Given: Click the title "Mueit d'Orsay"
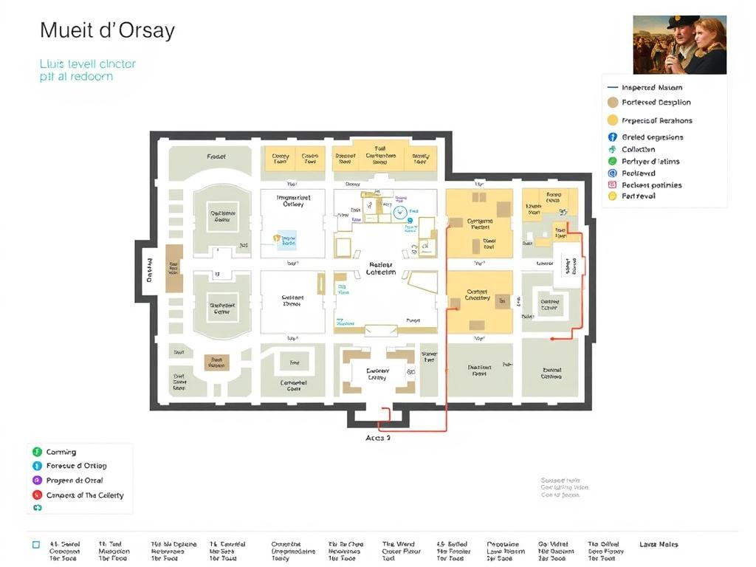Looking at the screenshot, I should pyautogui.click(x=107, y=31).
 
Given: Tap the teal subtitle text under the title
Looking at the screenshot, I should pyautogui.click(x=87, y=70).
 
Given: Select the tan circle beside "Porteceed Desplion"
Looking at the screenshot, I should pyautogui.click(x=612, y=103).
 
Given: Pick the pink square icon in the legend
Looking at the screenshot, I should pyautogui.click(x=612, y=185).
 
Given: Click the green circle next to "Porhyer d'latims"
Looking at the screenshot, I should pyautogui.click(x=612, y=161).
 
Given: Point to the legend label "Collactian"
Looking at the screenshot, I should pyautogui.click(x=638, y=149).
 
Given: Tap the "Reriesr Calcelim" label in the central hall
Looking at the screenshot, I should pyautogui.click(x=380, y=268).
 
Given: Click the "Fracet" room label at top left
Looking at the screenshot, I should pyautogui.click(x=216, y=157).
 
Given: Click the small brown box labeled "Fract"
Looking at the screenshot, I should pyautogui.click(x=216, y=362).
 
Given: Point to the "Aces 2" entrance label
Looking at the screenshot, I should pyautogui.click(x=378, y=438).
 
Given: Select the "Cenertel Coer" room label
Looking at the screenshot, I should pyautogui.click(x=293, y=385).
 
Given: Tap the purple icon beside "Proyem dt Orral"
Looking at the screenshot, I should pyautogui.click(x=37, y=481).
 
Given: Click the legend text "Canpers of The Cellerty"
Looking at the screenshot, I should pyautogui.click(x=85, y=495).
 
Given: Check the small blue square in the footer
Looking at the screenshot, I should pyautogui.click(x=35, y=545).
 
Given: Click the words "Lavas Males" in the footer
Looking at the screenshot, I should pyautogui.click(x=659, y=545).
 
